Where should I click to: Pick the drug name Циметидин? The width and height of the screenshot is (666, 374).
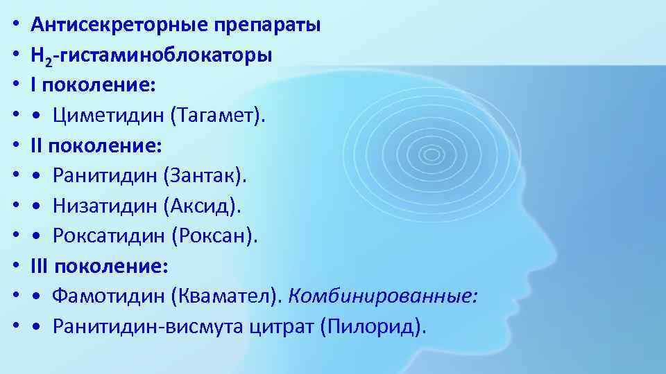point(107,116)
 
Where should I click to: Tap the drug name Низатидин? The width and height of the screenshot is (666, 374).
point(106,206)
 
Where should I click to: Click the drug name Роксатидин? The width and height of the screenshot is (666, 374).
point(110,236)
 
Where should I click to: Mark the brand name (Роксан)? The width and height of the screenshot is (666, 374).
point(214,236)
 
